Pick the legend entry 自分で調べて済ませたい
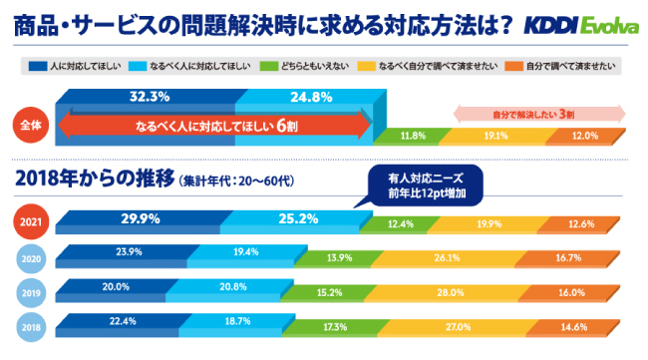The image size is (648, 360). tap(571, 67)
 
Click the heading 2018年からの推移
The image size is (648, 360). tap(93, 180)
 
